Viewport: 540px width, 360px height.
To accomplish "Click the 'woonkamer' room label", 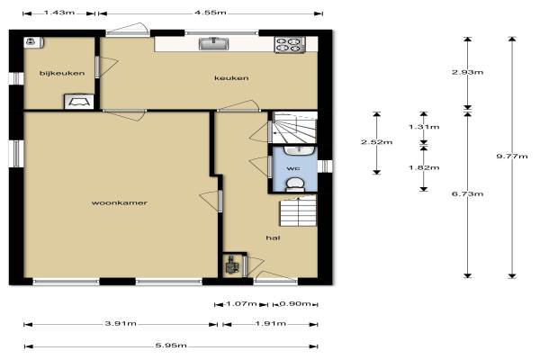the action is tap(120, 202).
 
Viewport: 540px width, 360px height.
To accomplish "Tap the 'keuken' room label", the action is tap(231, 78).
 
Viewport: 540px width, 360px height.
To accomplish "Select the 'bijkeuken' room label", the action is tap(62, 73).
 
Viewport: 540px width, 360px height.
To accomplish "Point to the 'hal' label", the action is tap(273, 238).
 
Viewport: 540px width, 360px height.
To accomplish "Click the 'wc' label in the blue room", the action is tap(293, 168).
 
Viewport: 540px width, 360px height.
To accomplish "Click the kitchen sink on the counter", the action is tap(214, 44).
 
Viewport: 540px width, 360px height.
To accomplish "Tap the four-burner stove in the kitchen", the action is tap(290, 45).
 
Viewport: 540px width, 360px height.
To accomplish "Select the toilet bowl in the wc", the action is tap(295, 184).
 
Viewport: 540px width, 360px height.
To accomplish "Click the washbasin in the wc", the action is tap(300, 150).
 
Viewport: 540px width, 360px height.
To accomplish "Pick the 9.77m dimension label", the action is tap(512, 156).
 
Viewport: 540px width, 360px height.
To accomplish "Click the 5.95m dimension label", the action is tap(171, 346).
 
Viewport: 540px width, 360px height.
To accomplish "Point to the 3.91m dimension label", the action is tap(121, 323).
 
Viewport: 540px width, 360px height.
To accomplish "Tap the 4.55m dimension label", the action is tap(211, 13).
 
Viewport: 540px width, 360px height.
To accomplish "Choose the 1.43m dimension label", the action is tap(59, 13).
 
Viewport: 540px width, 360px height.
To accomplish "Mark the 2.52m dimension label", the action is tap(377, 142).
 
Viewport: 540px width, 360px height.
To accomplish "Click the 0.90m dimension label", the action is tap(295, 304).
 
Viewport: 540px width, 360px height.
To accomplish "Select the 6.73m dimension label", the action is tap(467, 194).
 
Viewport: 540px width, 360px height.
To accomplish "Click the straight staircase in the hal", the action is tap(298, 211).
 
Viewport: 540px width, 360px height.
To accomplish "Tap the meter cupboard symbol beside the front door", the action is tap(231, 265).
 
